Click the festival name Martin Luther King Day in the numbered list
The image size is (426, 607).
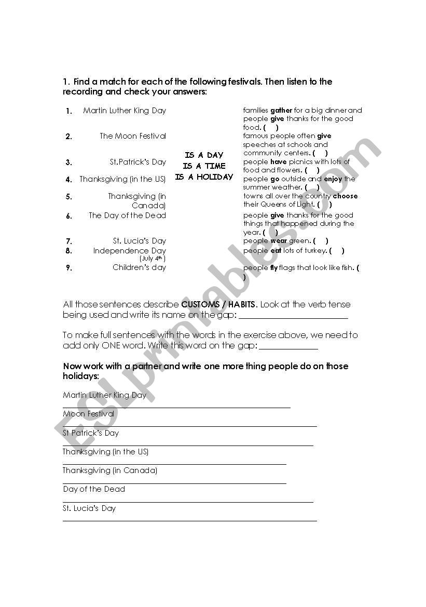coord(125,111)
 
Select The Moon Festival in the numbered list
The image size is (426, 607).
coord(133,136)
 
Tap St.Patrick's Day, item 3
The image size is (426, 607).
coord(138,162)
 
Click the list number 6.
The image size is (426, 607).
coord(69,217)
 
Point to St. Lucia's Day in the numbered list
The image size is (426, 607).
coord(140,241)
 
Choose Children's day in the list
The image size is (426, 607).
coord(139,267)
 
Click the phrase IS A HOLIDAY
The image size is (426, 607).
coord(204,177)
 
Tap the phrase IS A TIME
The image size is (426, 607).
coord(204,166)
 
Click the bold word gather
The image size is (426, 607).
coord(281,111)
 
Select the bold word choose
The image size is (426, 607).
coord(345,196)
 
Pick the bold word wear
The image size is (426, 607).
coord(279,241)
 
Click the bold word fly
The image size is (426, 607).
coord(273,268)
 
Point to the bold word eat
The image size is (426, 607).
coord(277,251)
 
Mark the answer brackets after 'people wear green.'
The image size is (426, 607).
coord(320,241)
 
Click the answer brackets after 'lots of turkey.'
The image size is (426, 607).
coord(336,251)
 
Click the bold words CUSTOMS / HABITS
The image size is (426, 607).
coord(219,305)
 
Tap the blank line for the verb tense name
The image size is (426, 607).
coord(293,316)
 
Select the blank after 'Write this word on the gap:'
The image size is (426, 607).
coord(288,347)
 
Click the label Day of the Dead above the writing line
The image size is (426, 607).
coord(94,489)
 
